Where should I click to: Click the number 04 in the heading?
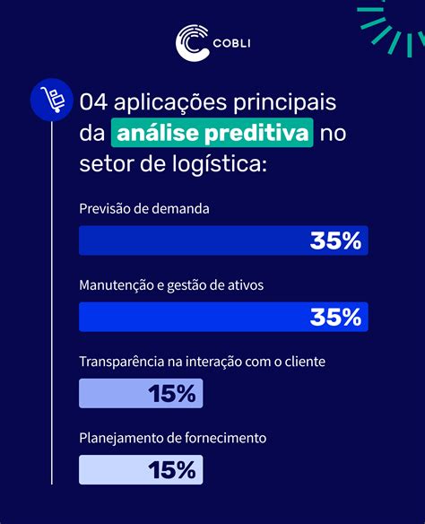(92, 101)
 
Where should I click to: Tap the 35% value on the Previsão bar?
(335, 240)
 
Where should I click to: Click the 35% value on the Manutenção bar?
(335, 317)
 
